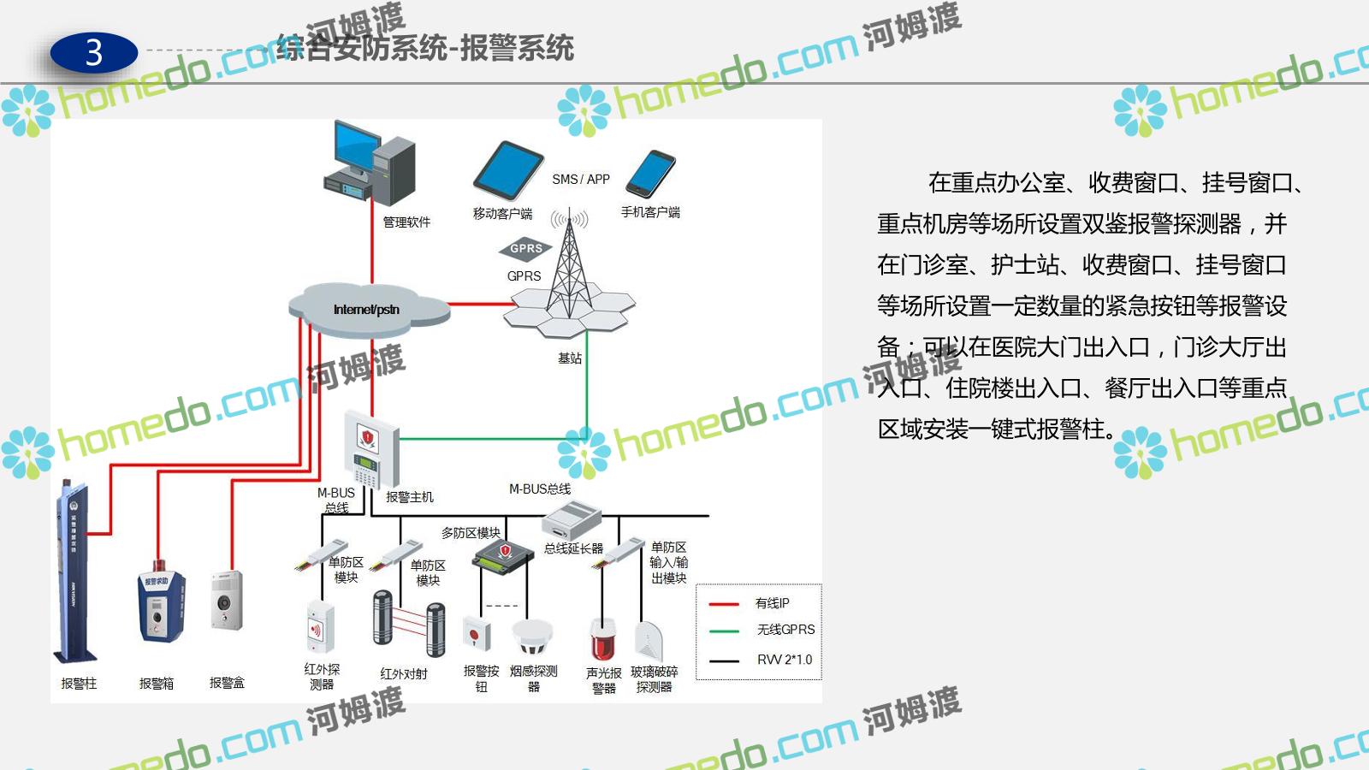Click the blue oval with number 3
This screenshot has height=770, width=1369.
point(94,53)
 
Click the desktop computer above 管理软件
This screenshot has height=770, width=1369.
point(370,163)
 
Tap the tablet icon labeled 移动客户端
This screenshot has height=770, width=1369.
point(508,170)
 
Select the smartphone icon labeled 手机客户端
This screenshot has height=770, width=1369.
point(650,174)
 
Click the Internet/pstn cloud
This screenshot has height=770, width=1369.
point(368,309)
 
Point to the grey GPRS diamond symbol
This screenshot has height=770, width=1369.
point(525,249)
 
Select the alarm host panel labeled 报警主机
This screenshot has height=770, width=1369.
point(370,449)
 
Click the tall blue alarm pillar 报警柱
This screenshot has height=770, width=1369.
point(73,573)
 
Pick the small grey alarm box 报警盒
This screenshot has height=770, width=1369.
point(226,601)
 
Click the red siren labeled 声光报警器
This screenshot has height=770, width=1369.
point(602,640)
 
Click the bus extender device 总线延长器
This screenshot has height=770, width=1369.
point(572,520)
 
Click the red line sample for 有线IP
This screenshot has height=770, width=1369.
point(724,604)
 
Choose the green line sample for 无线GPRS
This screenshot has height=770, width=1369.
point(724,631)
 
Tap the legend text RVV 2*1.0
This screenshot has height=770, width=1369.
point(784,660)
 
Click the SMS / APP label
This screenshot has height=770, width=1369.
point(580,180)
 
